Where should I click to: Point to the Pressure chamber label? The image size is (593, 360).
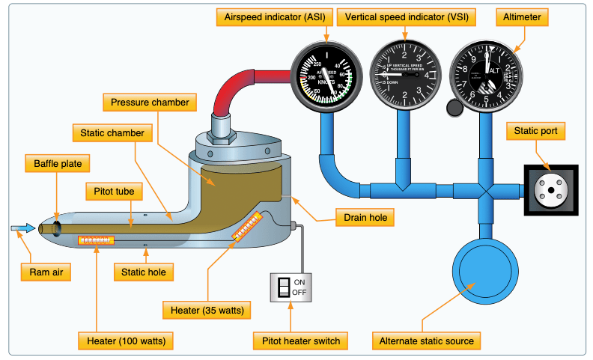coord(150,101)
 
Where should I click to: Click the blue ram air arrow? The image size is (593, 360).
coord(22,228)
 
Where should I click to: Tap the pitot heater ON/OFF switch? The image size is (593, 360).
coord(283,287)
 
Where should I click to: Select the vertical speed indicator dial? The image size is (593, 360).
coord(405,76)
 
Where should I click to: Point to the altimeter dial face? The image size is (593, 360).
coord(485,76)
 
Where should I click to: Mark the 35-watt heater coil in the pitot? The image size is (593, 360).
coord(247,225)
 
